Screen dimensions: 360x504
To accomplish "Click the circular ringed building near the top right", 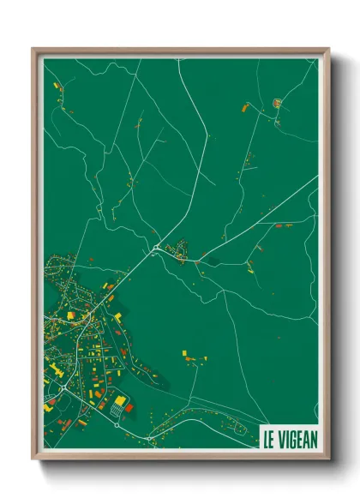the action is point(277,104).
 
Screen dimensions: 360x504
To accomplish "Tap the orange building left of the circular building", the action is point(247,107).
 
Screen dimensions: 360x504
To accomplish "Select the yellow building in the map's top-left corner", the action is point(56,86).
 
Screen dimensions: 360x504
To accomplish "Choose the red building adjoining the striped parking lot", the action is point(129,408).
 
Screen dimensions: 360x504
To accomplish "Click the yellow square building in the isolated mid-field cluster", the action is point(184,351).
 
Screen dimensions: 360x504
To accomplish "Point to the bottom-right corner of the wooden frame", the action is point(328,460).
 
